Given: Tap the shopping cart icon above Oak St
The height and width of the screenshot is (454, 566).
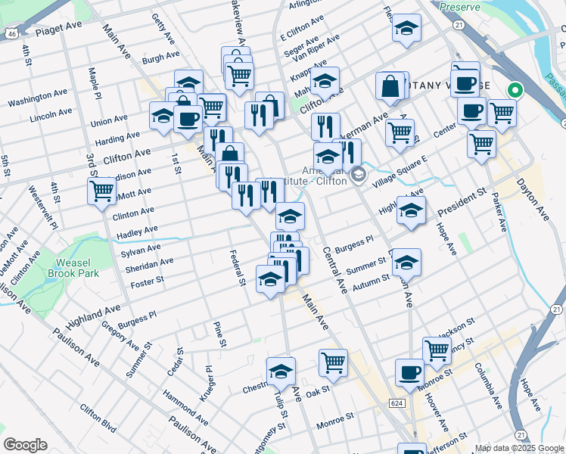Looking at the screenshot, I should coord(333,363).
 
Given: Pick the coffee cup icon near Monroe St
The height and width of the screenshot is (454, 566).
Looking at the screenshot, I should coord(409,372).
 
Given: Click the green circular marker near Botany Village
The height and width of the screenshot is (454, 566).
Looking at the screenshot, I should coord(515,91).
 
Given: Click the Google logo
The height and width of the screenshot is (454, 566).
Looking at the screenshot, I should coord(25,445).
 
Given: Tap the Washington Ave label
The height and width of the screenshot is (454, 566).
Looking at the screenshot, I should coord(39,99).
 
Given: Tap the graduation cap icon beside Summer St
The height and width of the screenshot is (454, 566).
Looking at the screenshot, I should coord(406,262).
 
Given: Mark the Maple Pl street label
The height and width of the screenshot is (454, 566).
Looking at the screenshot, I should coord(95,84).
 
